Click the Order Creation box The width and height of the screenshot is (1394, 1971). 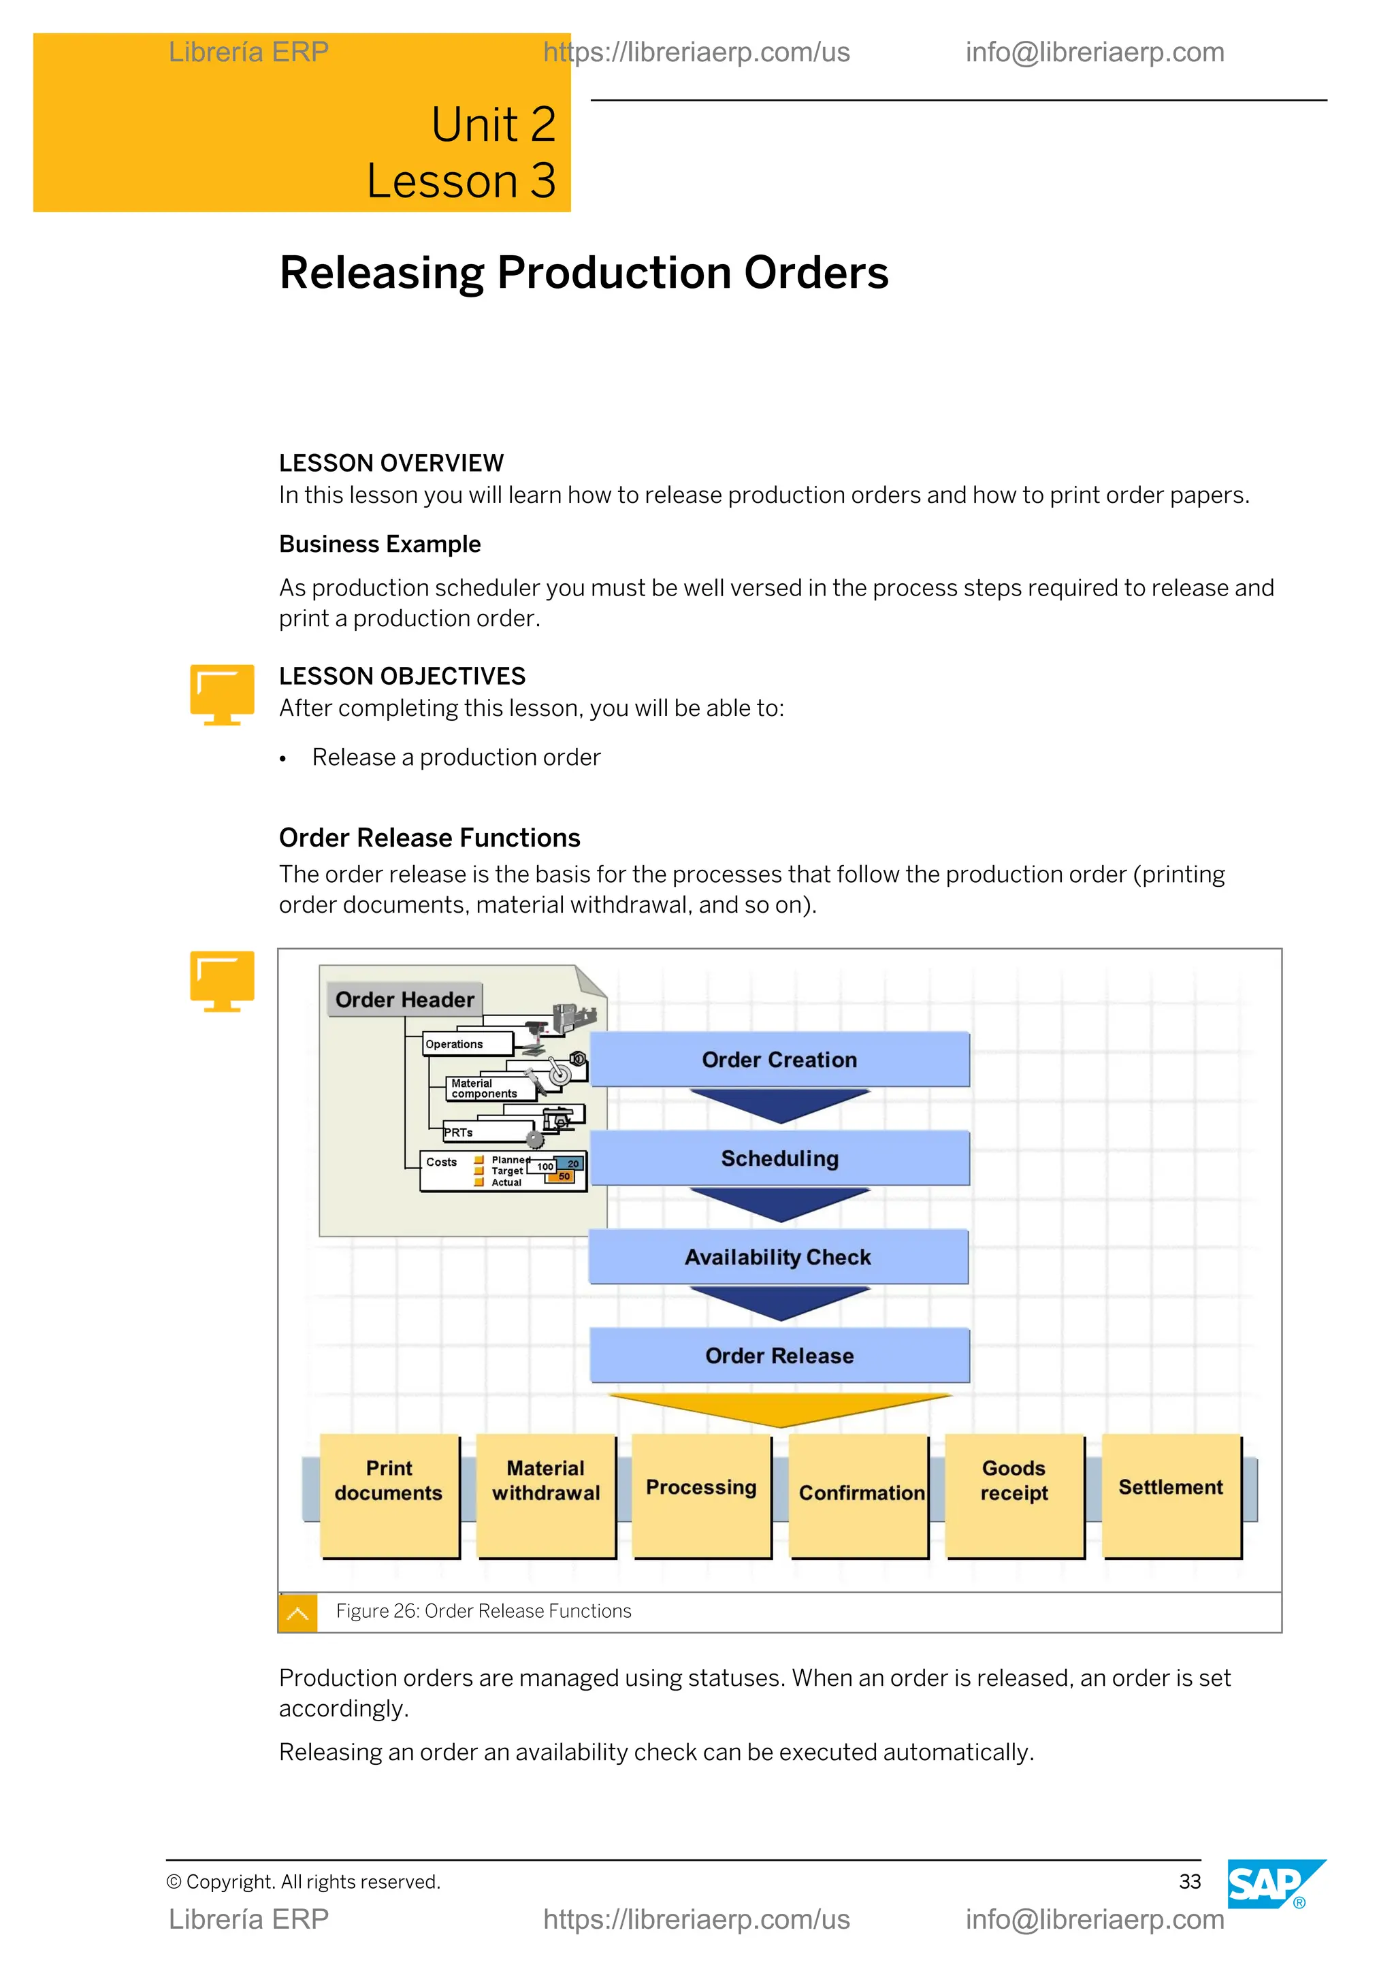pos(779,1059)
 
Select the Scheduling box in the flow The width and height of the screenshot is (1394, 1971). pos(779,1158)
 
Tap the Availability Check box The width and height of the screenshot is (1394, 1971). pos(778,1257)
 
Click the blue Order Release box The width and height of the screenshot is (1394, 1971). pos(779,1356)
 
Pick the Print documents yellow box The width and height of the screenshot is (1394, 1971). pos(389,1494)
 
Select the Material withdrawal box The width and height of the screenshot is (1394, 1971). pos(546,1494)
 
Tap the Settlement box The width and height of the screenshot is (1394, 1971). pos(1171,1494)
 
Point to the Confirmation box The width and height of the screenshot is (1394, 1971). pos(858,1494)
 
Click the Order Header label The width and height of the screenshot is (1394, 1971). pos(404,999)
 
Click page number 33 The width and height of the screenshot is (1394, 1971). pos(1189,1882)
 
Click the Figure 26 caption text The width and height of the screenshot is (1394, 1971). pos(483,1612)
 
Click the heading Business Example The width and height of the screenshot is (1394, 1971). pos(379,544)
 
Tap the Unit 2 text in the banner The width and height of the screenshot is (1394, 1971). pos(493,125)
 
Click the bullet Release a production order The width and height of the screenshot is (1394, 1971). pos(456,757)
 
